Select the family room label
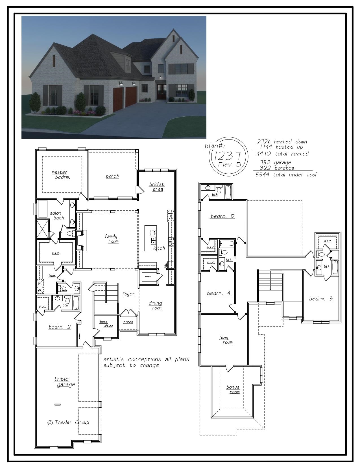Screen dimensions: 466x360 [x=112, y=239]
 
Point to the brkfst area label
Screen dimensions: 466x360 [x=157, y=187]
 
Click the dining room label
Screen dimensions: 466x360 [x=156, y=306]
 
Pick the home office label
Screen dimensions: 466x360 [x=106, y=324]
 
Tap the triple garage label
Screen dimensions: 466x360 [x=64, y=382]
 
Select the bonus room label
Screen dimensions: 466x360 [x=233, y=389]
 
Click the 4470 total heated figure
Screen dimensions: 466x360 [x=282, y=154]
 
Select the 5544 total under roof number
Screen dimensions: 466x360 [x=286, y=175]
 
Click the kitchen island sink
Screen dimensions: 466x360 [x=154, y=241]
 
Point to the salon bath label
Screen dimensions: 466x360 [x=57, y=215]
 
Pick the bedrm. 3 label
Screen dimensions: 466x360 [x=321, y=299]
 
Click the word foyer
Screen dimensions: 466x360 [x=128, y=294]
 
